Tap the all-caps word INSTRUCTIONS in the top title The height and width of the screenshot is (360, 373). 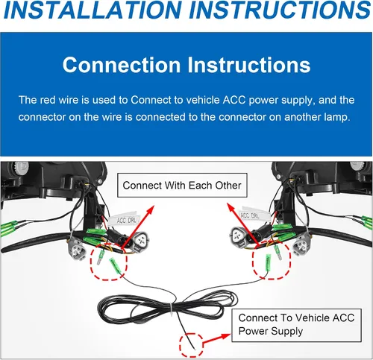[x=280, y=10]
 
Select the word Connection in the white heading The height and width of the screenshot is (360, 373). [x=122, y=65]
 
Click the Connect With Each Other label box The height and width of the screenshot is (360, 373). [x=182, y=186]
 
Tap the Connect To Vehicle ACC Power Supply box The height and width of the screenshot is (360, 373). [x=296, y=325]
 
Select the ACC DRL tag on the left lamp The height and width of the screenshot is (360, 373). [x=125, y=219]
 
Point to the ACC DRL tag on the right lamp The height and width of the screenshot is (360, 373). [x=253, y=215]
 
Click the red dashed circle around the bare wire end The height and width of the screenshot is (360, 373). [x=191, y=346]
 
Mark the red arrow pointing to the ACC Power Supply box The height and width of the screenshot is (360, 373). [x=217, y=340]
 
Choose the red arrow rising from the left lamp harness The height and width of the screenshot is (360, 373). [x=137, y=227]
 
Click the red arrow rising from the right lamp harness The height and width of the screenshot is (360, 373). [x=243, y=225]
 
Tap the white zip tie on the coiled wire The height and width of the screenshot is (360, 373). [x=172, y=309]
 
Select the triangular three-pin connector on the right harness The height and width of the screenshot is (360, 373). [x=238, y=237]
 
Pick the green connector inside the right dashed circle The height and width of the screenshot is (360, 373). [x=268, y=262]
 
